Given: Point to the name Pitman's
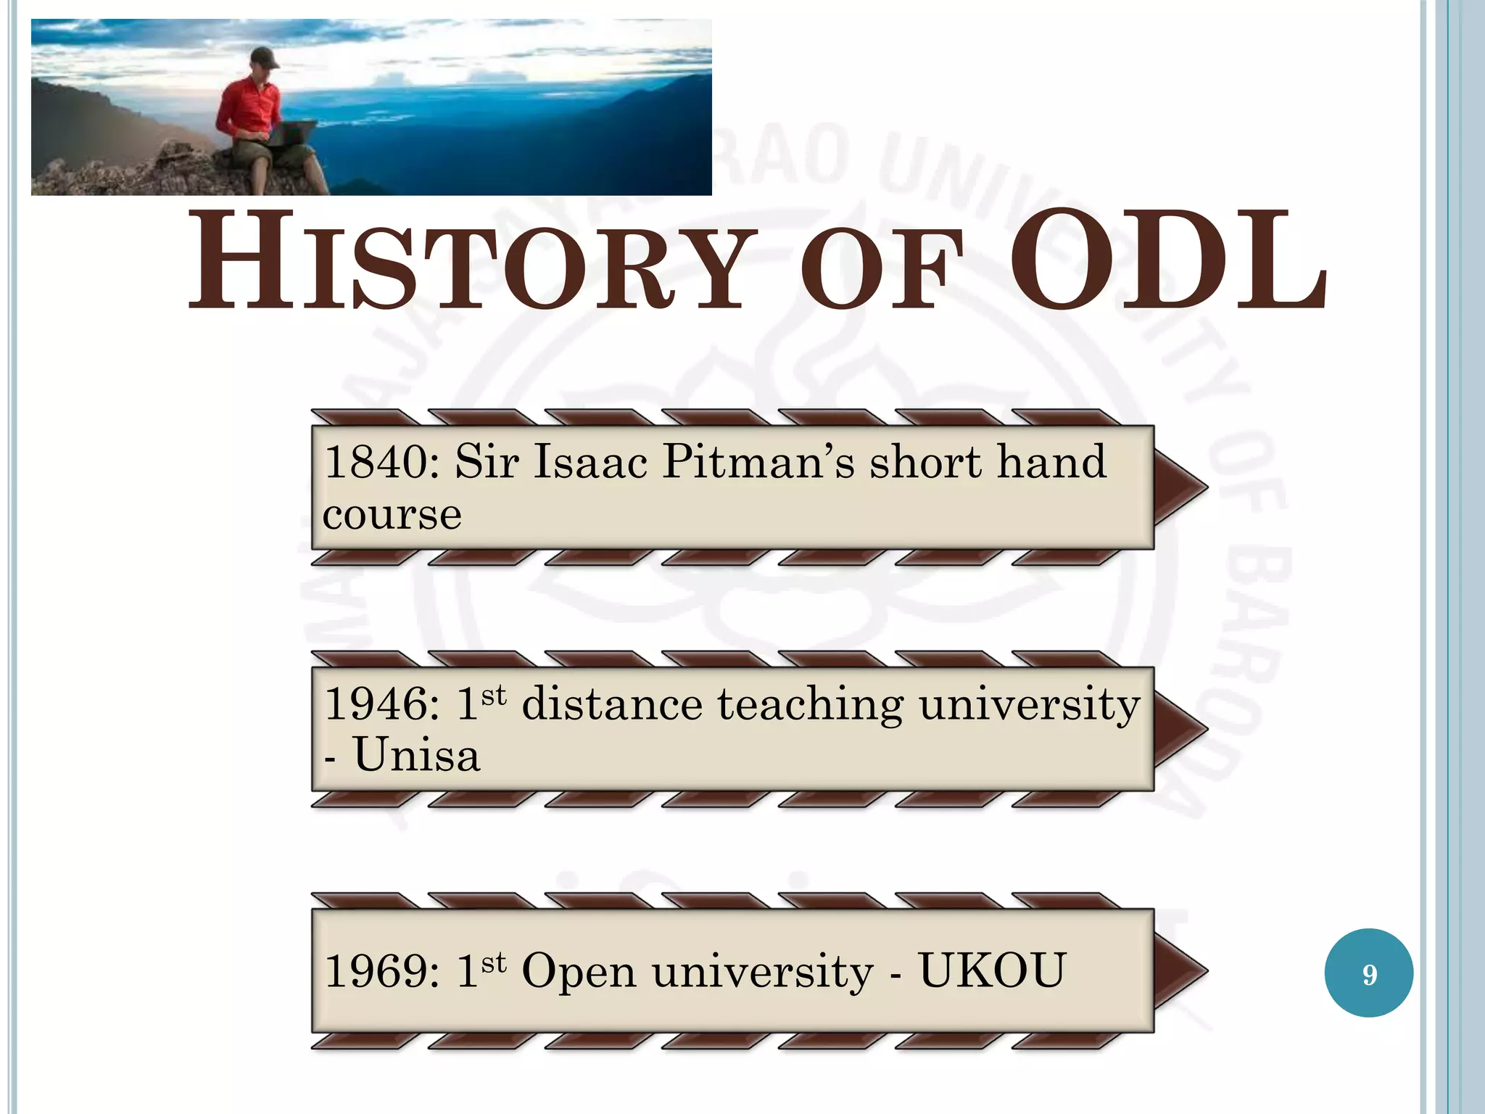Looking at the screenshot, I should [758, 463].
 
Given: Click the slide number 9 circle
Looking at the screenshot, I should [1368, 973].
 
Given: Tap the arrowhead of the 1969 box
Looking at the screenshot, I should [1178, 970].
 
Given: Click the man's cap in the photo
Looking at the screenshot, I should [265, 57].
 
